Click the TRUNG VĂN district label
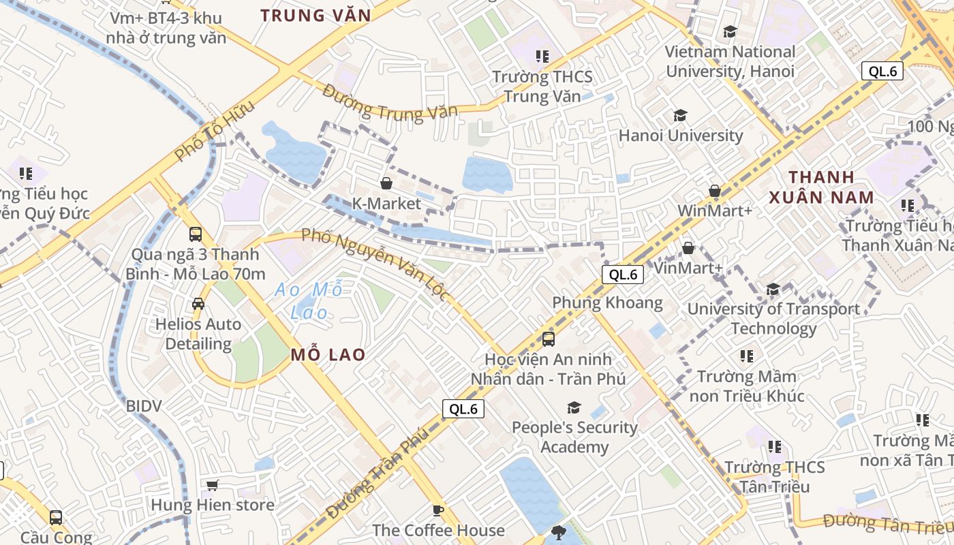316,16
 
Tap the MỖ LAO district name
328,355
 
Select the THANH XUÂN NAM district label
821,187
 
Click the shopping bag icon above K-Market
386,183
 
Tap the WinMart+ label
715,211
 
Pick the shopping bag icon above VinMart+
688,248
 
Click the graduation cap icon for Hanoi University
679,116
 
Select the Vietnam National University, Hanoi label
730,61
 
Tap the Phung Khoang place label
607,302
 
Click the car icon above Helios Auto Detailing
198,304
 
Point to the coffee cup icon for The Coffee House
438,510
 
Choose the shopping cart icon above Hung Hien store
212,485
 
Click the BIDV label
144,407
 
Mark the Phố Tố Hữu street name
214,131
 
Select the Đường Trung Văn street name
390,103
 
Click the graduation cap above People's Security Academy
574,407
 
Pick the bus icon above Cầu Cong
56,518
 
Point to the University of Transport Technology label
773,319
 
